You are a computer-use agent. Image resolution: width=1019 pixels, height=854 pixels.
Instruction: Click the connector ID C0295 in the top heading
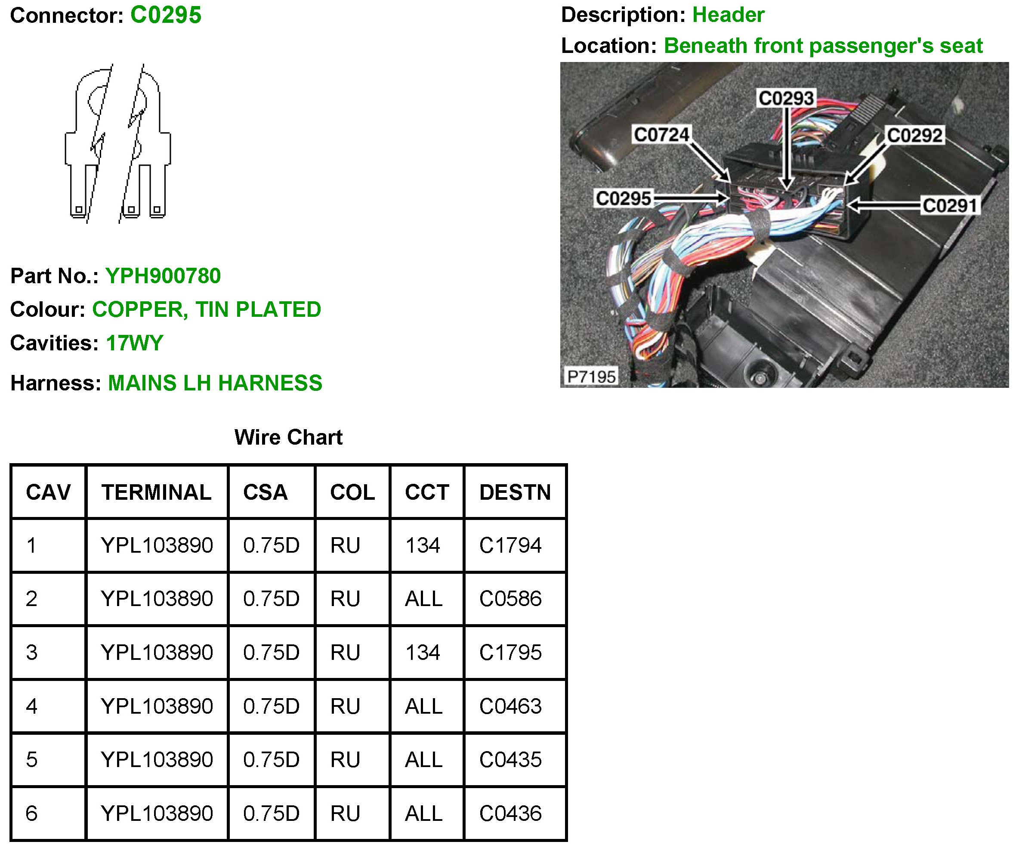pos(166,15)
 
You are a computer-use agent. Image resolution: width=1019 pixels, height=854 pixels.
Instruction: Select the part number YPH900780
pos(163,276)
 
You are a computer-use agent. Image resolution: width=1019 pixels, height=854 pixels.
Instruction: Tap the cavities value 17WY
pos(134,343)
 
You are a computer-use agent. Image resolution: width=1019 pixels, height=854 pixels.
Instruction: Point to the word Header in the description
pos(728,15)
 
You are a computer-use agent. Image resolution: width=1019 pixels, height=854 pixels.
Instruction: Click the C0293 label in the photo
pos(786,98)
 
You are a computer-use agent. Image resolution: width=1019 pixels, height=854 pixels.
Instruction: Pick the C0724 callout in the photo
pos(661,134)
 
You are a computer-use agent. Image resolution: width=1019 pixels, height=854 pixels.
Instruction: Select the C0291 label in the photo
pos(950,205)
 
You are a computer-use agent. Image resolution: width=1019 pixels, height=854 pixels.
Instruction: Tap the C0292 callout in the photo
pos(914,136)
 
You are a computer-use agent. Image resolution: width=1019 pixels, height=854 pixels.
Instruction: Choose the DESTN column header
pos(515,492)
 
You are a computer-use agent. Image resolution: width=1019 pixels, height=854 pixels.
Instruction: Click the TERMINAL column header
pos(156,492)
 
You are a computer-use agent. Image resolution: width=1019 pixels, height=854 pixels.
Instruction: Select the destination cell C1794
pos(510,545)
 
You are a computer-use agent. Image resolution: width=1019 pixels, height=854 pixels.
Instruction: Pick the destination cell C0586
pos(510,599)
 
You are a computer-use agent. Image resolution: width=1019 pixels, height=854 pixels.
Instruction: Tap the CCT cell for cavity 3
pos(423,653)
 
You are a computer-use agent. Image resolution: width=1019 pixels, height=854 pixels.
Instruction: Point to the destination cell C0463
pos(510,706)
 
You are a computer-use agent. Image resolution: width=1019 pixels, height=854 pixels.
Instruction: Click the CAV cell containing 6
pos(31,813)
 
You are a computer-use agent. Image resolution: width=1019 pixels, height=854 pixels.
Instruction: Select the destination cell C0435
pos(510,759)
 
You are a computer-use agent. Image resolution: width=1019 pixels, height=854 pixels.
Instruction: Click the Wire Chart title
pos(288,437)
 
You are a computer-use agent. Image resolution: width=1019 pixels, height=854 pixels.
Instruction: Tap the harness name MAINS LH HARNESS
pos(215,383)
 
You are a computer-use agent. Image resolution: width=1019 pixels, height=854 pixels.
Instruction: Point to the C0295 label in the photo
pos(623,198)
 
